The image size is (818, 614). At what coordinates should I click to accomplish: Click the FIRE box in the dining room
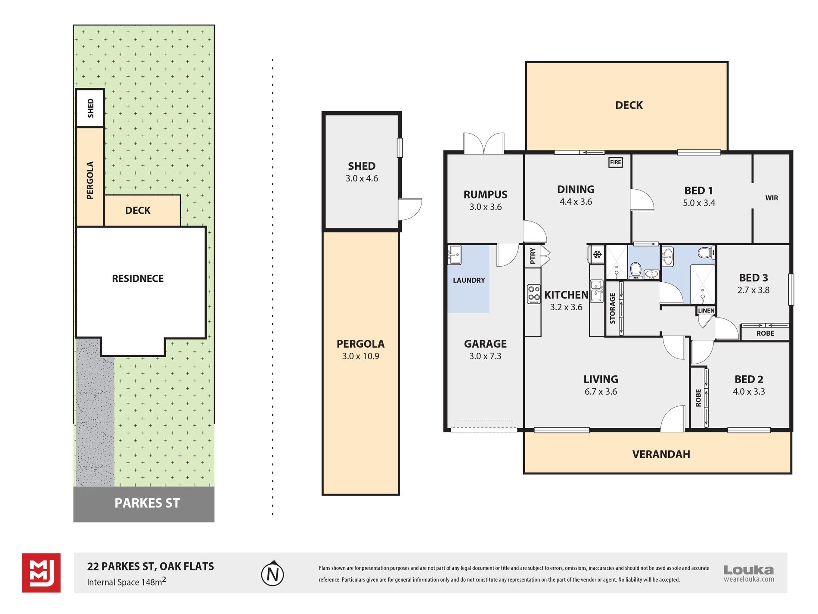pyautogui.click(x=615, y=162)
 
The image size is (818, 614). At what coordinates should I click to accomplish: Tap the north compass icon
pyautogui.click(x=273, y=573)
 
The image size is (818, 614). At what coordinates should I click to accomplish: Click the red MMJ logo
pyautogui.click(x=41, y=573)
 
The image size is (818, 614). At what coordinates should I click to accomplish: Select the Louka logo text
pyautogui.click(x=749, y=570)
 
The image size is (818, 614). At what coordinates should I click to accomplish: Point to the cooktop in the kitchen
pyautogui.click(x=534, y=294)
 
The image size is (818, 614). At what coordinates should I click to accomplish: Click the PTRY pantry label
pyautogui.click(x=533, y=256)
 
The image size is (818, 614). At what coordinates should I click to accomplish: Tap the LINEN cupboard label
pyautogui.click(x=706, y=310)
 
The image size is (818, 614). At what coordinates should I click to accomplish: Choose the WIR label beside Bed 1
pyautogui.click(x=772, y=198)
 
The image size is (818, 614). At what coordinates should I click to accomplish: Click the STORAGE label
pyautogui.click(x=612, y=309)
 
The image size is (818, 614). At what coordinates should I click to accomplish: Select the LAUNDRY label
pyautogui.click(x=469, y=280)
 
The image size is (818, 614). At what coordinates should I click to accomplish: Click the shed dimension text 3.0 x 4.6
pyautogui.click(x=362, y=178)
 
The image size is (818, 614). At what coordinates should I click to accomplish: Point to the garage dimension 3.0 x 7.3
pyautogui.click(x=485, y=356)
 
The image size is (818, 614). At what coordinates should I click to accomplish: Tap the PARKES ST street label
pyautogui.click(x=147, y=503)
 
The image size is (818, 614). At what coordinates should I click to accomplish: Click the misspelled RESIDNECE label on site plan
pyautogui.click(x=138, y=278)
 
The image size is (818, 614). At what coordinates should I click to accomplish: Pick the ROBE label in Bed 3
pyautogui.click(x=765, y=333)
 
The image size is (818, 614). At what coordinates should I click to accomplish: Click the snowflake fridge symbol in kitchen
pyautogui.click(x=597, y=254)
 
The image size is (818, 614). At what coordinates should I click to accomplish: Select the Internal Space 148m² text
pyautogui.click(x=127, y=582)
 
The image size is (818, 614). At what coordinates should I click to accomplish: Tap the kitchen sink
pyautogui.click(x=596, y=291)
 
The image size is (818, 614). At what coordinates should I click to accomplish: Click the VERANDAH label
pyautogui.click(x=661, y=454)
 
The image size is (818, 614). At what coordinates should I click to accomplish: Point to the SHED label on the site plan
pyautogui.click(x=90, y=108)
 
